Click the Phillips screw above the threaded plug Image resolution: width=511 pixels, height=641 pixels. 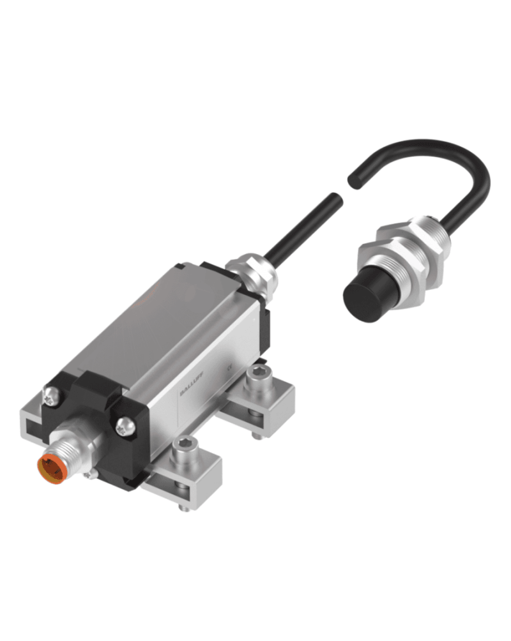50,394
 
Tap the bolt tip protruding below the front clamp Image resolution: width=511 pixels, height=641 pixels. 185,508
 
